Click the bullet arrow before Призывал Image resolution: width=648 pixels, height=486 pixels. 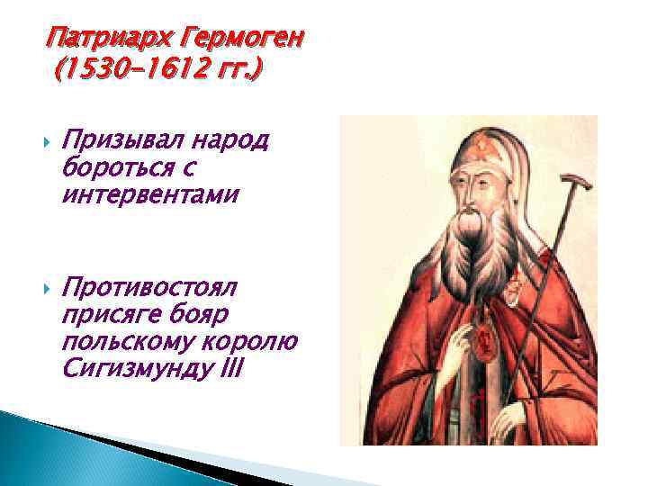pos(47,141)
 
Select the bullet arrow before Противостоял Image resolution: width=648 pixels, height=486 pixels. pos(47,290)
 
